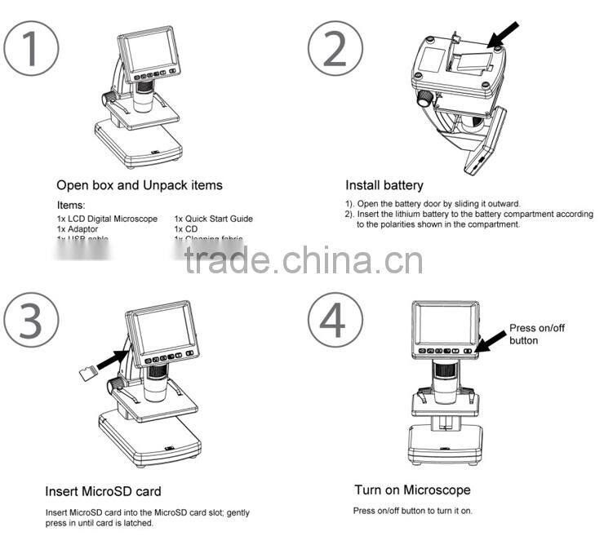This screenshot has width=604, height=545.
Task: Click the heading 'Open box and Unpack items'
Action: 140,185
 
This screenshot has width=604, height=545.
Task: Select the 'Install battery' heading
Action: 384,185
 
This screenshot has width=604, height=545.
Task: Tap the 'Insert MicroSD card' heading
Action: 103,491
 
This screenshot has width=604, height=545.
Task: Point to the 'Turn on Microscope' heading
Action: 412,490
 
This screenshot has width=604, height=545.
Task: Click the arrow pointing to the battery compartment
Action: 504,34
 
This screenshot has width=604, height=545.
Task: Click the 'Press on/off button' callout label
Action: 535,334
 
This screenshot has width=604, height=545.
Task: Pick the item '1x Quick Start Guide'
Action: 213,219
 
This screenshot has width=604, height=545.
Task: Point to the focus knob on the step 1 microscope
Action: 106,98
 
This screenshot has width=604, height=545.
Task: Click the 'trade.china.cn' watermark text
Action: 304,261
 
